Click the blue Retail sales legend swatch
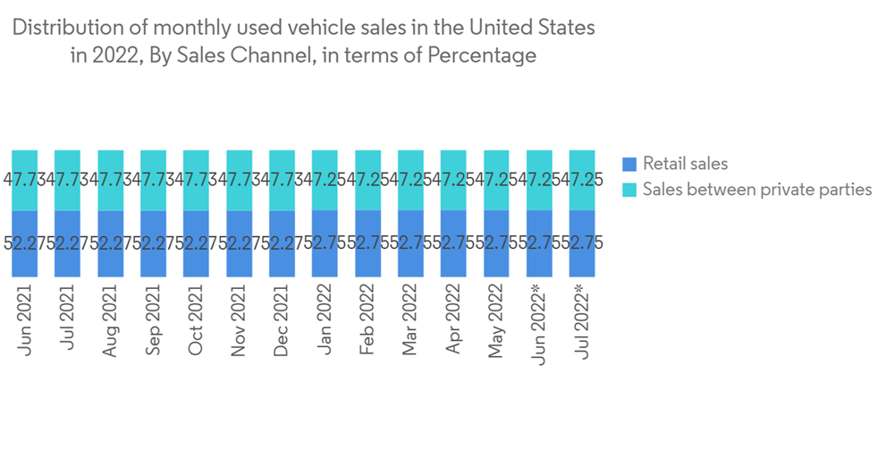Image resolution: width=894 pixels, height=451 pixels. coord(628,164)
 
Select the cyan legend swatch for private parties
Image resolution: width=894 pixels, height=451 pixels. coord(628,190)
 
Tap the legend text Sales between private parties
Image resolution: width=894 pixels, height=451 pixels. coord(757,190)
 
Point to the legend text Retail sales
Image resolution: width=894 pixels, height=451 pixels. coord(685,164)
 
